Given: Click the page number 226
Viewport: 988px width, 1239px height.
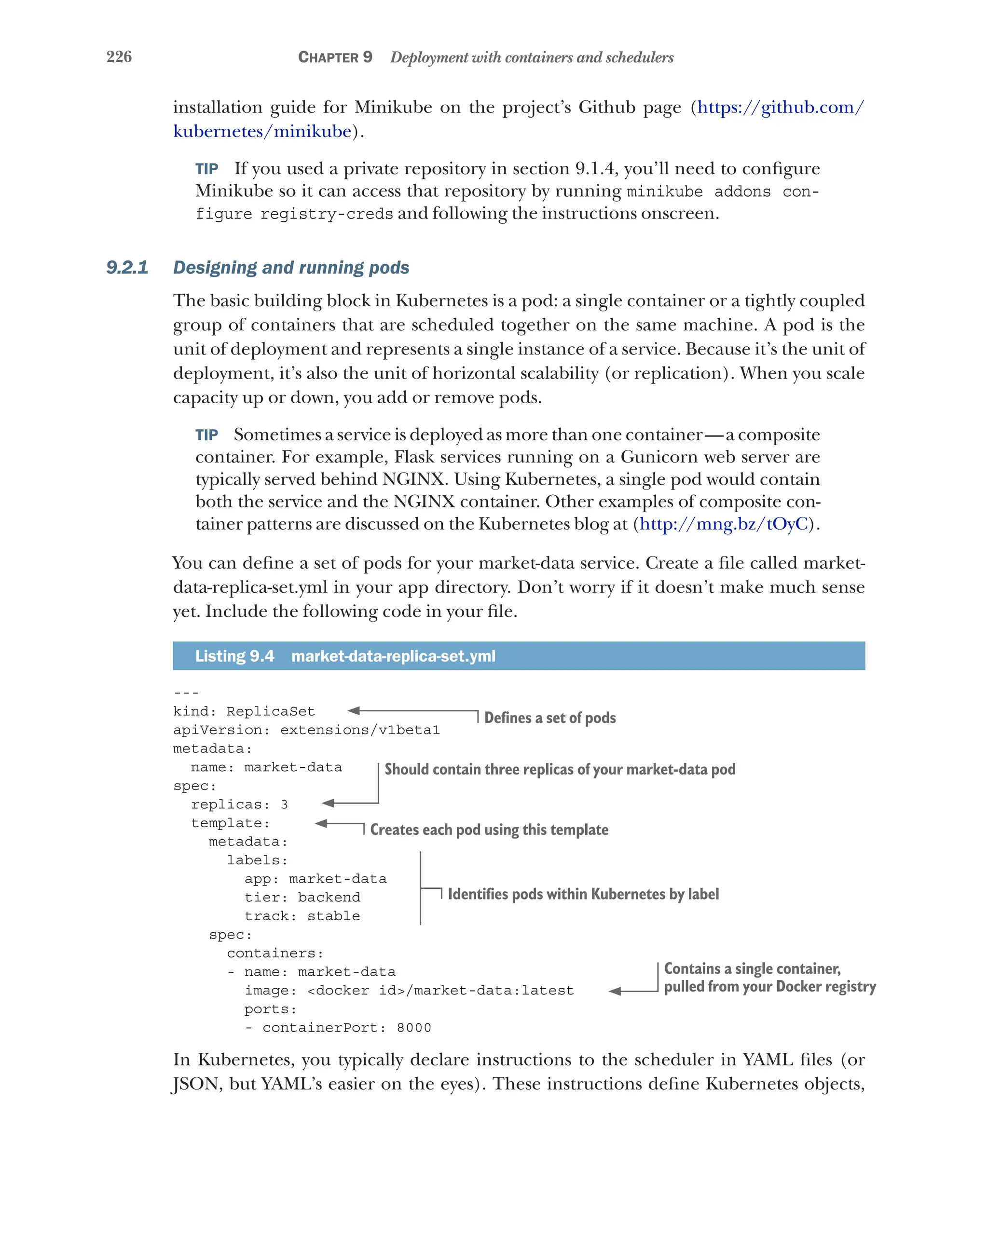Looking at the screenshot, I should coord(119,57).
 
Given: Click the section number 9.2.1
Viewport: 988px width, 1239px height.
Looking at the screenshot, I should coord(127,267).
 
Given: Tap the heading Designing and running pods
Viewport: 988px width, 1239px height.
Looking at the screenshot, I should coord(291,267).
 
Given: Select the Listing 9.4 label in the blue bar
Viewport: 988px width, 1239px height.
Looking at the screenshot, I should coord(234,656).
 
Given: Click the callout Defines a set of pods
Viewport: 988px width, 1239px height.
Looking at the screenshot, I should coord(549,718).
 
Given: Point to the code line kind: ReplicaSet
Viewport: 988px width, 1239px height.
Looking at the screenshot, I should coord(244,711).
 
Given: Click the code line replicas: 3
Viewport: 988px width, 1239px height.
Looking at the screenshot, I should coord(239,804).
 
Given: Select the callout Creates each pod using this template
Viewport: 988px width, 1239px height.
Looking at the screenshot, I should coord(489,830).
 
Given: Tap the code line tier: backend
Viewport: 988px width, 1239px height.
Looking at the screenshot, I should coord(302,898).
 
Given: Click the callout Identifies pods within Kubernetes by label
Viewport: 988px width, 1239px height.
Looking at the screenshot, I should coord(583,894).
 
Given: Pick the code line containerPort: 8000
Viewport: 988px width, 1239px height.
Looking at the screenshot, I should coord(338,1028).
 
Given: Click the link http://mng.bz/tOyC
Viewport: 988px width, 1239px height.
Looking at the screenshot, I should coord(724,524).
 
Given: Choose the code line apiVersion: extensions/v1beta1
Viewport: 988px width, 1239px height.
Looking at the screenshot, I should coord(306,730).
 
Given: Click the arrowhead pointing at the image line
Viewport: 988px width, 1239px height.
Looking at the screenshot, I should coord(615,991).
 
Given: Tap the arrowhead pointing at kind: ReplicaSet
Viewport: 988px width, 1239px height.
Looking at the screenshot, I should coord(354,711).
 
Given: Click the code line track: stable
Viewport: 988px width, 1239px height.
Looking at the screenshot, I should coord(302,916).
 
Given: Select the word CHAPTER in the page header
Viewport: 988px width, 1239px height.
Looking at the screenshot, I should coord(328,57).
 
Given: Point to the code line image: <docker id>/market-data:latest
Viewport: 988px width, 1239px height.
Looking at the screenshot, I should coord(409,991).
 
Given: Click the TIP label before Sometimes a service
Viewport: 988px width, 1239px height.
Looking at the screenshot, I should coord(206,435).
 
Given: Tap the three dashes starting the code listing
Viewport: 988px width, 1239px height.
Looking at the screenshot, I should coord(186,693).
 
